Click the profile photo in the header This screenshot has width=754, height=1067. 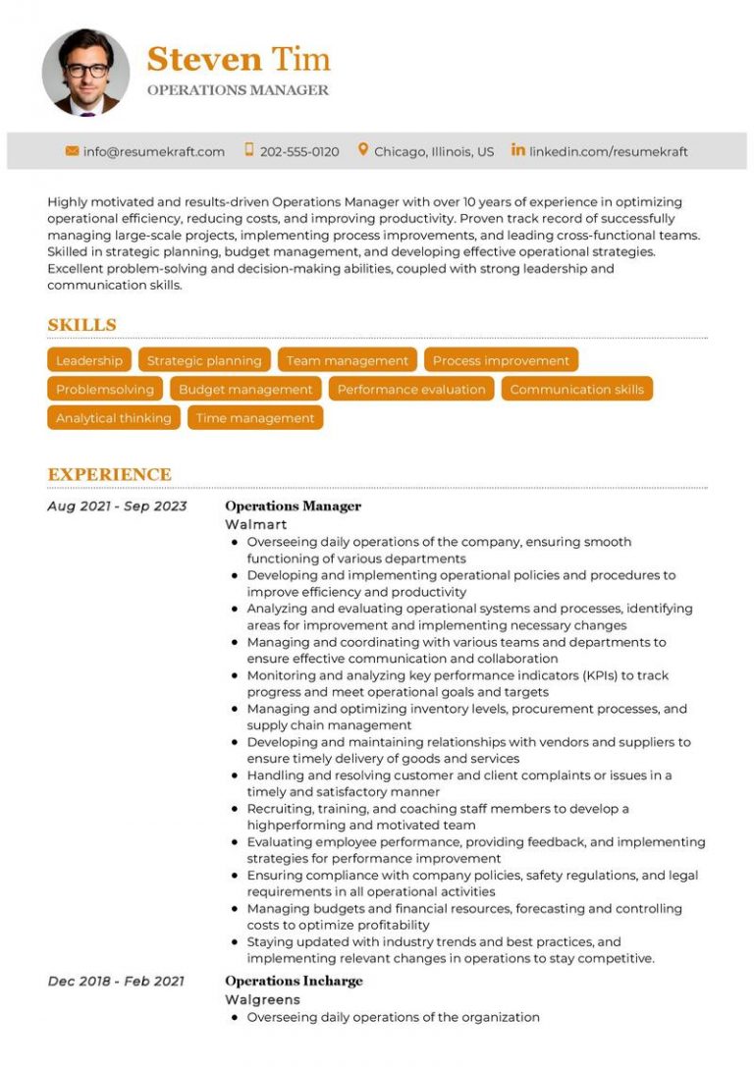click(85, 73)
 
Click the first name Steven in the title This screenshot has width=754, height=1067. click(204, 59)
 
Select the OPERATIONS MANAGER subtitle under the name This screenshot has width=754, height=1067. click(238, 90)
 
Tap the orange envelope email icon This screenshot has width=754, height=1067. click(72, 151)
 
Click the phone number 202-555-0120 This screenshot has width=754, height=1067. click(299, 152)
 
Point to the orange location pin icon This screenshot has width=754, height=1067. click(362, 150)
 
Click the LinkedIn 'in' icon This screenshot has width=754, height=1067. click(517, 150)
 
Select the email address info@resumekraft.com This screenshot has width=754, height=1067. click(154, 152)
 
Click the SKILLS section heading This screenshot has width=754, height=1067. click(81, 325)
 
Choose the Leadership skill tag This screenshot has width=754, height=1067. click(89, 360)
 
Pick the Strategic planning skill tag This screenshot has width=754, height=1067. click(204, 360)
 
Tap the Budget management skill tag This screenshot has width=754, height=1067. click(245, 390)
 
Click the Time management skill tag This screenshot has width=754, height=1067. click(255, 418)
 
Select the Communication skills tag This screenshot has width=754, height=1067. click(576, 390)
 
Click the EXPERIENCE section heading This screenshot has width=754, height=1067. click(109, 475)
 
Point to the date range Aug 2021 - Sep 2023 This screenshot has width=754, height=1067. click(117, 507)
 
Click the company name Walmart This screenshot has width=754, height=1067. click(256, 524)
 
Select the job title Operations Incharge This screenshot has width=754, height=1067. click(294, 981)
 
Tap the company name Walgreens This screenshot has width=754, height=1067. click(262, 999)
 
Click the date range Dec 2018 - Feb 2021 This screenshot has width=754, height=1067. click(116, 981)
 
